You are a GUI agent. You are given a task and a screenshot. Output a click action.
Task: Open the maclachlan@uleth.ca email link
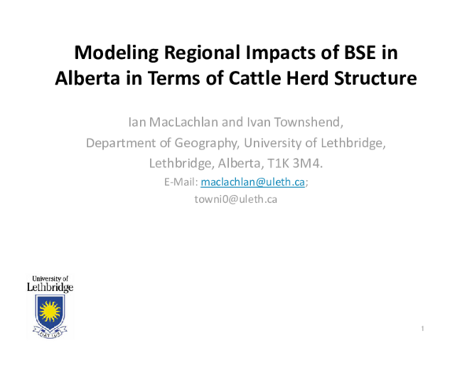coord(253,182)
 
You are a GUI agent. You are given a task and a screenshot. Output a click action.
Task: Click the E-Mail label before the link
coord(181,182)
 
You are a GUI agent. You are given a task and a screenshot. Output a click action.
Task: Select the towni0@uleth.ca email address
coord(235,199)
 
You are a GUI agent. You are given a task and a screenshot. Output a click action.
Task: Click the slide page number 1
coord(423,327)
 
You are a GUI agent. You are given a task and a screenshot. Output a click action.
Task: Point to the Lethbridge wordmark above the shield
coord(50,288)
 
